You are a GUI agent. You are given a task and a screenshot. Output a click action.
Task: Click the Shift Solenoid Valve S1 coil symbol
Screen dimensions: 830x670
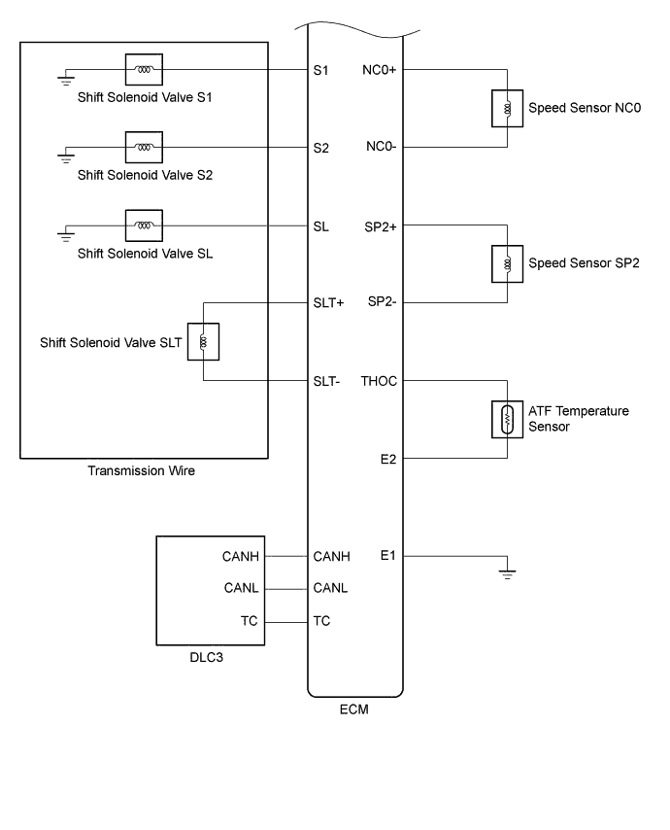[144, 70]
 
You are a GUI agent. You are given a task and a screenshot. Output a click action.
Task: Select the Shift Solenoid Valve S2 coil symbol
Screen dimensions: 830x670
[144, 148]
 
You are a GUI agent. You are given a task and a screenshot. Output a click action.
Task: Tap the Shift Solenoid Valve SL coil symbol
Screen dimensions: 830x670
[144, 225]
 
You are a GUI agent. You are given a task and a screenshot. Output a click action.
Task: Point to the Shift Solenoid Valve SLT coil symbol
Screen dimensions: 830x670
[203, 341]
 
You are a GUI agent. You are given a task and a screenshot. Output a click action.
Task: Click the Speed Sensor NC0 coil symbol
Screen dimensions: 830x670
[506, 109]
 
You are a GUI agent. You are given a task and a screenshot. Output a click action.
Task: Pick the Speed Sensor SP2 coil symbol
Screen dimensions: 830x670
[506, 263]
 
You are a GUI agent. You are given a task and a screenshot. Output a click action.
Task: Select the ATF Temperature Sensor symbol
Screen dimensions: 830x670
[506, 418]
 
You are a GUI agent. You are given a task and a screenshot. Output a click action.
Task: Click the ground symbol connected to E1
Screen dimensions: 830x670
[506, 573]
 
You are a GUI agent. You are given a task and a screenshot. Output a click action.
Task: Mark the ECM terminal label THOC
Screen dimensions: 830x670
[380, 381]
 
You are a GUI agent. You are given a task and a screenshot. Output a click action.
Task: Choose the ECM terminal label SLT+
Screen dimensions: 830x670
[329, 303]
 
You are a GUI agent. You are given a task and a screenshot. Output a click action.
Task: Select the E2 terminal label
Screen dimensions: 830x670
[389, 457]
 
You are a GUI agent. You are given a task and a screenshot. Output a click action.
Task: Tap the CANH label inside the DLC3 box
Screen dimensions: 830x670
[240, 556]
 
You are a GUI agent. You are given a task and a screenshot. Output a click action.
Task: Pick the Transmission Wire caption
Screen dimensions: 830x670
[143, 472]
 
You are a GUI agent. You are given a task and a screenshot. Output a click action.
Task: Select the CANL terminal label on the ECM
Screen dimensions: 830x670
[330, 588]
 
